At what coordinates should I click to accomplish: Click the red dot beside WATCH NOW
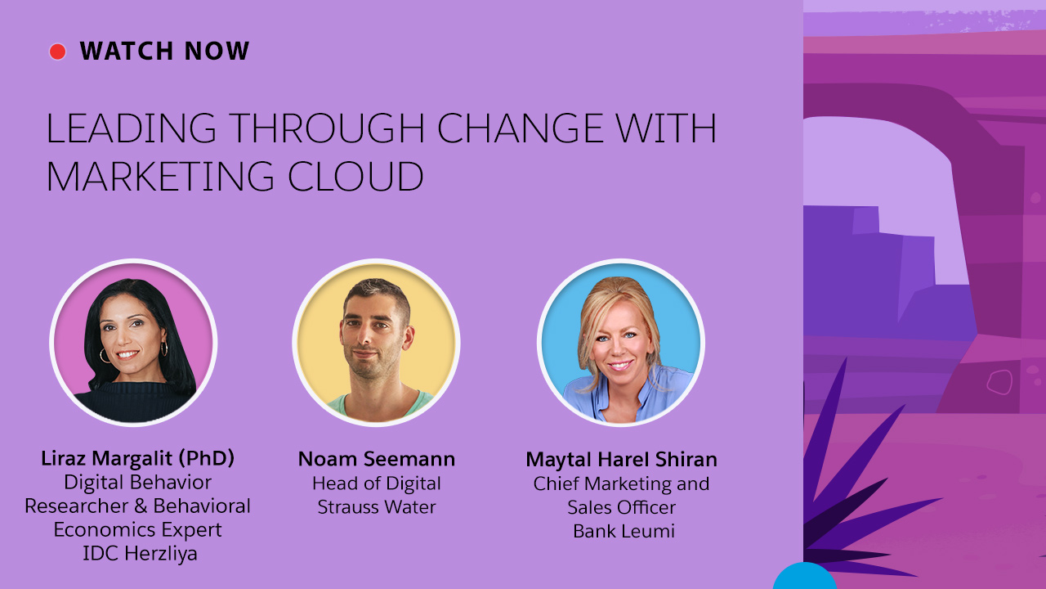[57, 52]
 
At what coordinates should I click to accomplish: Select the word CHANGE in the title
[520, 128]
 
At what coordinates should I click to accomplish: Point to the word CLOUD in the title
[355, 176]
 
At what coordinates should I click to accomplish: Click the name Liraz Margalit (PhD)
[138, 459]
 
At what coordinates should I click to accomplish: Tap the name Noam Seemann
[377, 459]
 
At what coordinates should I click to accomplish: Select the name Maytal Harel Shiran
[622, 460]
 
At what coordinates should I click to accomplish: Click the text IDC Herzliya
[140, 554]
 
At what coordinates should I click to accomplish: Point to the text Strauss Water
[377, 506]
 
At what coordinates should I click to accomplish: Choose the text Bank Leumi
[624, 531]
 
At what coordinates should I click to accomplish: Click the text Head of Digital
[377, 483]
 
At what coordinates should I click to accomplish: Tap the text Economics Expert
[138, 530]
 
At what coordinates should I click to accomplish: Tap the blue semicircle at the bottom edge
[804, 577]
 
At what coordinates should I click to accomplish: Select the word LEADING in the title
[132, 128]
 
